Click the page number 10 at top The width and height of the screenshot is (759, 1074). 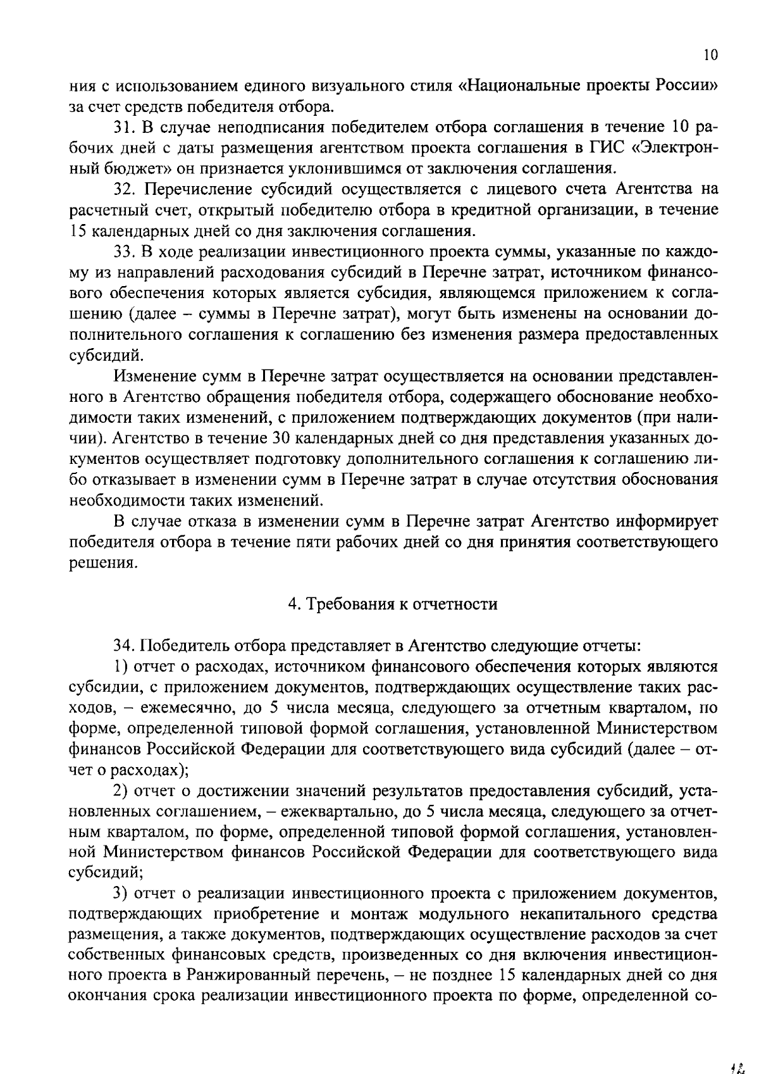tap(710, 56)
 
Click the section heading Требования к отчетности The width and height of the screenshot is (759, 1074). tap(393, 604)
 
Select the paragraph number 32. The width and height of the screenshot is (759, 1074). tap(122, 189)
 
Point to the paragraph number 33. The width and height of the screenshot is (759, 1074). tap(122, 252)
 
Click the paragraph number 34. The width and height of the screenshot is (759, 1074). tap(122, 646)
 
